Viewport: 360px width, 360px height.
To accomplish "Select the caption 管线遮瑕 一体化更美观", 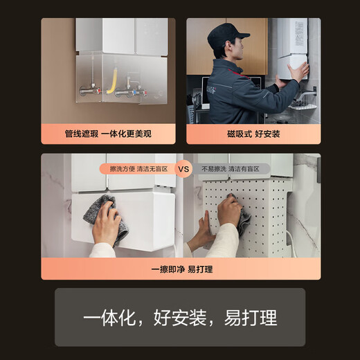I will [107, 133].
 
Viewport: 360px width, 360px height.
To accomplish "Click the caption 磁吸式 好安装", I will [253, 133].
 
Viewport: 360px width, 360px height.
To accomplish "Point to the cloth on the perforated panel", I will [243, 219].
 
